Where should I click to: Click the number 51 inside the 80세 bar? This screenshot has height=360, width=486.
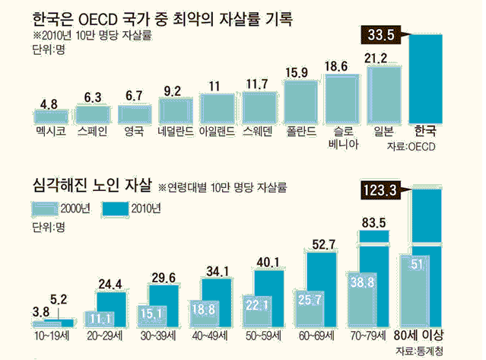(417, 265)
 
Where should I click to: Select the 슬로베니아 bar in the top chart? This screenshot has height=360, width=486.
(341, 98)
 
